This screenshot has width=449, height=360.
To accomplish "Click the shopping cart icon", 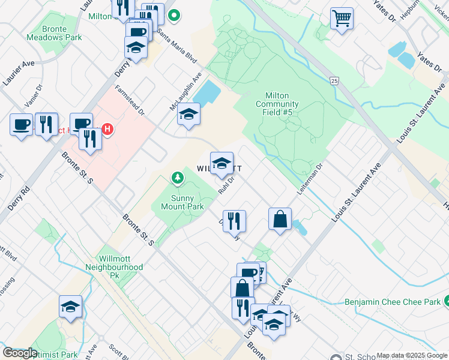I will coord(342,19).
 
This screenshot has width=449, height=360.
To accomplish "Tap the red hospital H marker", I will coord(107,128).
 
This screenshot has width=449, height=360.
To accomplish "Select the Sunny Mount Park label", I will coord(182,200).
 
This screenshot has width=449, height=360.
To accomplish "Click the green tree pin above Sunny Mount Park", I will coord(177,178).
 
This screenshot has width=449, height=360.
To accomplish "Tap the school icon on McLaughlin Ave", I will coord(188,114).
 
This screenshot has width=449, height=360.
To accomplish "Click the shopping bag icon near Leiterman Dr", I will coord(280,219).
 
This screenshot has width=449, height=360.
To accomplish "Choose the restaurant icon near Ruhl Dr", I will coord(234,221).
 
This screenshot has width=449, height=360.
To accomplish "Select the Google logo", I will coord(20,353).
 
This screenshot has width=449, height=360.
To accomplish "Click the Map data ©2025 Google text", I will coord(412,355).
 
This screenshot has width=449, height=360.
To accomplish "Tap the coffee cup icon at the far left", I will coord(21,125).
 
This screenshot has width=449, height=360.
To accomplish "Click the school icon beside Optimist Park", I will coord(70,307).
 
